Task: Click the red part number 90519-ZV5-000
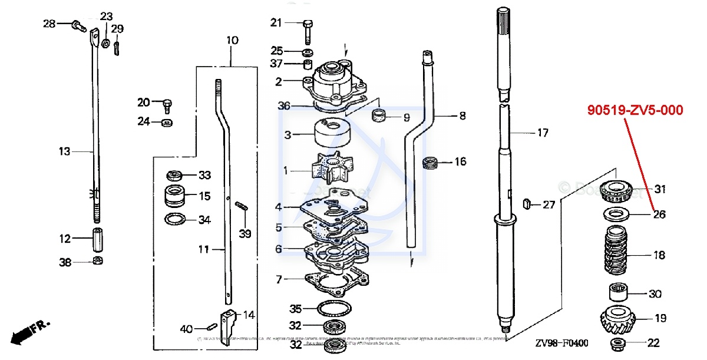pos(635,110)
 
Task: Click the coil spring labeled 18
pos(618,255)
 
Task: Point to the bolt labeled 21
pos(307,29)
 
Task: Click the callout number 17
pos(542,133)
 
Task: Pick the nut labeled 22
pos(619,343)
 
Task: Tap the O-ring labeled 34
pos(175,220)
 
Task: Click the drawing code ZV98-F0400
pos(561,343)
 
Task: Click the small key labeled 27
pos(527,204)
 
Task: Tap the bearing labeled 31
pos(616,190)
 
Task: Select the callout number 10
pos(232,41)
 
